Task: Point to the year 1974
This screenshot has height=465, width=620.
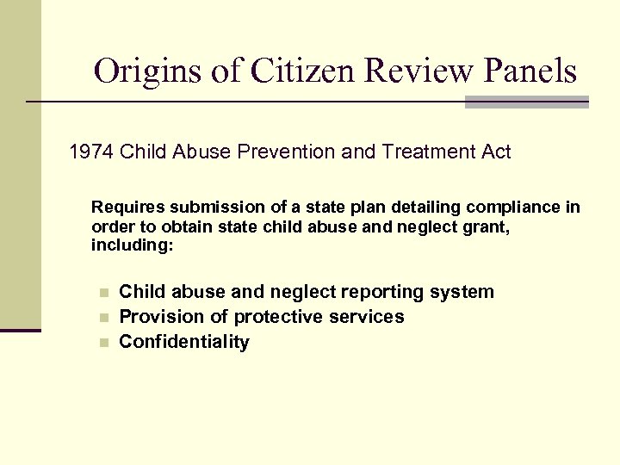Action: [91, 152]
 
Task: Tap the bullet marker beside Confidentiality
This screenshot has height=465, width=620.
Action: [102, 343]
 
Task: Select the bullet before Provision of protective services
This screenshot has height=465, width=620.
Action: [102, 318]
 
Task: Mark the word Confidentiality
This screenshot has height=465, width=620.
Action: [184, 342]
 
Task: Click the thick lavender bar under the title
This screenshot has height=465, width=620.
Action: [526, 102]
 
